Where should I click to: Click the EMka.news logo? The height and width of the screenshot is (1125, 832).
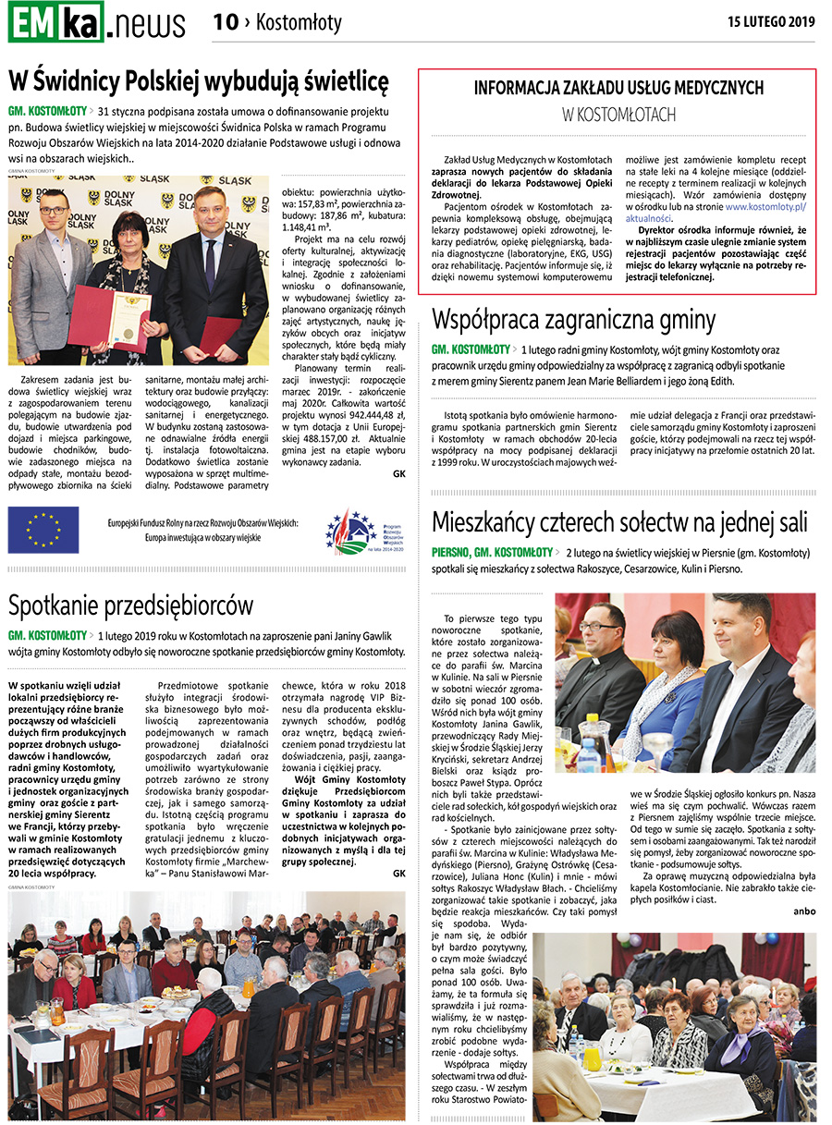click(96, 22)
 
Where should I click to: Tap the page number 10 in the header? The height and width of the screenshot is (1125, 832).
click(226, 22)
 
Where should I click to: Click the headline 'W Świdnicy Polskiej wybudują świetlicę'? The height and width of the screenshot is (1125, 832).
click(199, 81)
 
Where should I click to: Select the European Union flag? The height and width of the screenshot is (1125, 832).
click(43, 530)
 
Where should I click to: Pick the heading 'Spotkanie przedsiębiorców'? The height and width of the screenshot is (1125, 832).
click(130, 605)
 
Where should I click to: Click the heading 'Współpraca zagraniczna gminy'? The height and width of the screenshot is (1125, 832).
click(573, 320)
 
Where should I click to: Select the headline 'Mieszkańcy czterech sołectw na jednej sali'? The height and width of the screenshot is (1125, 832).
click(619, 522)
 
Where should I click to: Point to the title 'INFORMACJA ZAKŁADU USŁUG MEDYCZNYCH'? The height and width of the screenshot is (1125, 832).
click(618, 88)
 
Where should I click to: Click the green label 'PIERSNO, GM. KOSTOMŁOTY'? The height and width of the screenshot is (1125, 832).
click(492, 553)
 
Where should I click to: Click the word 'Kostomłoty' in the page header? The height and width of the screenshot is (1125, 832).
click(299, 22)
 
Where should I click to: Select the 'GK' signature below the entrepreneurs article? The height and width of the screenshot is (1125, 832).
click(398, 873)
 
